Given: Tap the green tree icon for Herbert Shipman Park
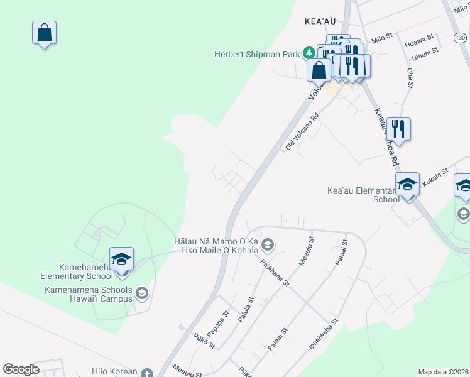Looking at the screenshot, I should pos(309,53).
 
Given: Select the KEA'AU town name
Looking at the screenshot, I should pos(321,21).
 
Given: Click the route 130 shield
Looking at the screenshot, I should pos(460,38).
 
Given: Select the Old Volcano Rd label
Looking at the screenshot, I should pos(302,132).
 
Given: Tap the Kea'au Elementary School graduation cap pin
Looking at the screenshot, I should pos(407,184).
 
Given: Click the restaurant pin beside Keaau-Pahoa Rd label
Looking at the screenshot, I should pos(398,129).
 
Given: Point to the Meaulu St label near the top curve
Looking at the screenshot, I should pos(306,251).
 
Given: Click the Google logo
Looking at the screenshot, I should pos(21,369).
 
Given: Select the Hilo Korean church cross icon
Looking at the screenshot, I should pos(147,372).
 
